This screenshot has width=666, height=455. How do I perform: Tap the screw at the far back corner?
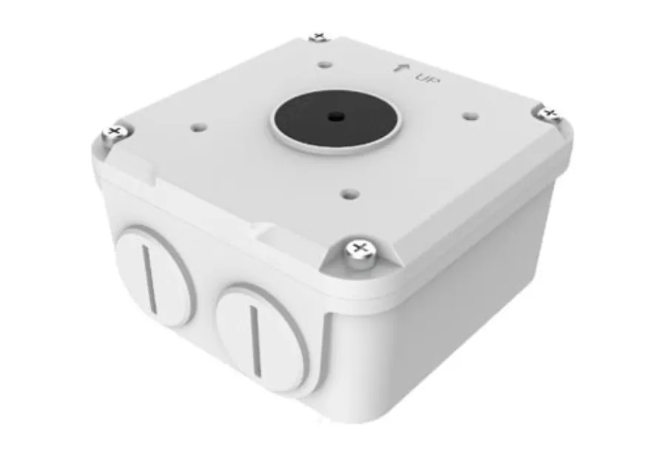click(x=320, y=38)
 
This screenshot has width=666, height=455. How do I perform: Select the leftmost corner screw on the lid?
click(x=115, y=133)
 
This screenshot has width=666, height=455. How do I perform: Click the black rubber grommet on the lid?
click(x=335, y=117)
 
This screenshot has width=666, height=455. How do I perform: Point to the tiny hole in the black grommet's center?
click(x=335, y=115)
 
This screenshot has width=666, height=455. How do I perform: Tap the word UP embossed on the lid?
click(x=427, y=78)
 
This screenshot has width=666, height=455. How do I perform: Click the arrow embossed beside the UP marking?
click(x=400, y=68)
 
